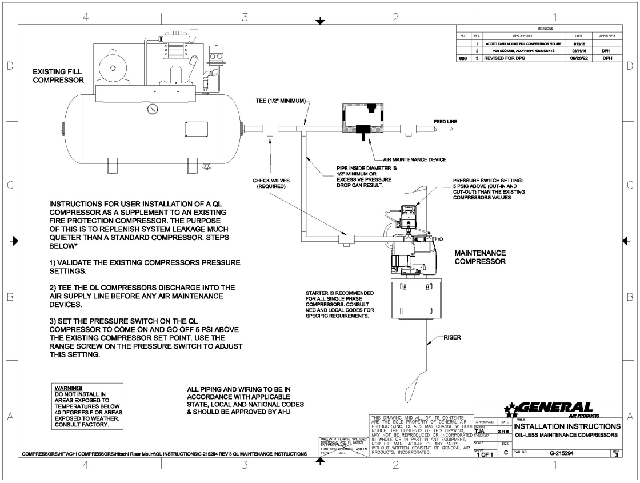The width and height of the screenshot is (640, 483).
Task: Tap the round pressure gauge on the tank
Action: [151, 109]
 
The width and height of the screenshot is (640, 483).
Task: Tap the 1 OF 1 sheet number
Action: [486, 454]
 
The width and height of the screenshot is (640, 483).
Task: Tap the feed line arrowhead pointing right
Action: [451, 130]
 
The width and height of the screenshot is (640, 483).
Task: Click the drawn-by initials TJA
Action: [480, 432]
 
